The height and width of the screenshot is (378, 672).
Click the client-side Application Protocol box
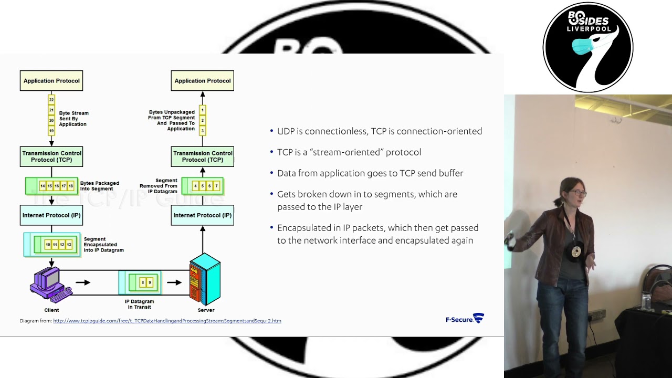pyautogui.click(x=51, y=81)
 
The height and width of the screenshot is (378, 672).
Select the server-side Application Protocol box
pyautogui.click(x=203, y=81)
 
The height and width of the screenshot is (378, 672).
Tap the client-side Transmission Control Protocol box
pyautogui.click(x=51, y=156)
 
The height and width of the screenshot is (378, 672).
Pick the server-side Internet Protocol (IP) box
pyautogui.click(x=203, y=215)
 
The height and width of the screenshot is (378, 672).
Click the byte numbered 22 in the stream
pyautogui.click(x=51, y=100)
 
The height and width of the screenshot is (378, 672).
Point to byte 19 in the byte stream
pyautogui.click(x=51, y=131)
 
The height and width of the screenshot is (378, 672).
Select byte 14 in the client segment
pyautogui.click(x=43, y=186)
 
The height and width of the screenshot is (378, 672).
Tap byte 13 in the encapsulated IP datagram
pyautogui.click(x=69, y=245)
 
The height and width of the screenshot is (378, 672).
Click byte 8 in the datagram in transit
pyautogui.click(x=143, y=282)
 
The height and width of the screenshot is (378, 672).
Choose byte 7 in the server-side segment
pyautogui.click(x=216, y=186)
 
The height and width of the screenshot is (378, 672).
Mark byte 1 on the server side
pyautogui.click(x=203, y=110)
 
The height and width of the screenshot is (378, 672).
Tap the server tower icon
pyautogui.click(x=205, y=279)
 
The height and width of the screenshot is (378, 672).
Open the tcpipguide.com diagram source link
pyautogui.click(x=167, y=321)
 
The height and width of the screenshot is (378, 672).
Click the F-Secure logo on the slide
pyautogui.click(x=465, y=318)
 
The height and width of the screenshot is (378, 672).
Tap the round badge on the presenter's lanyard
pyautogui.click(x=576, y=251)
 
